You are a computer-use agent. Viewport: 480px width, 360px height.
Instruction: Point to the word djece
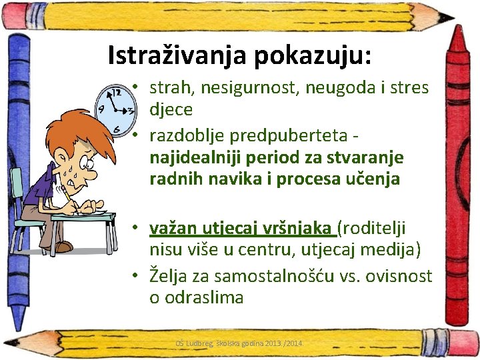(171, 109)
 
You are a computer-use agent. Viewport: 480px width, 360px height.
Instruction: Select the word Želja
(169, 275)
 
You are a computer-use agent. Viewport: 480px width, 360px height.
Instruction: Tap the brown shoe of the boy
(63, 247)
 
